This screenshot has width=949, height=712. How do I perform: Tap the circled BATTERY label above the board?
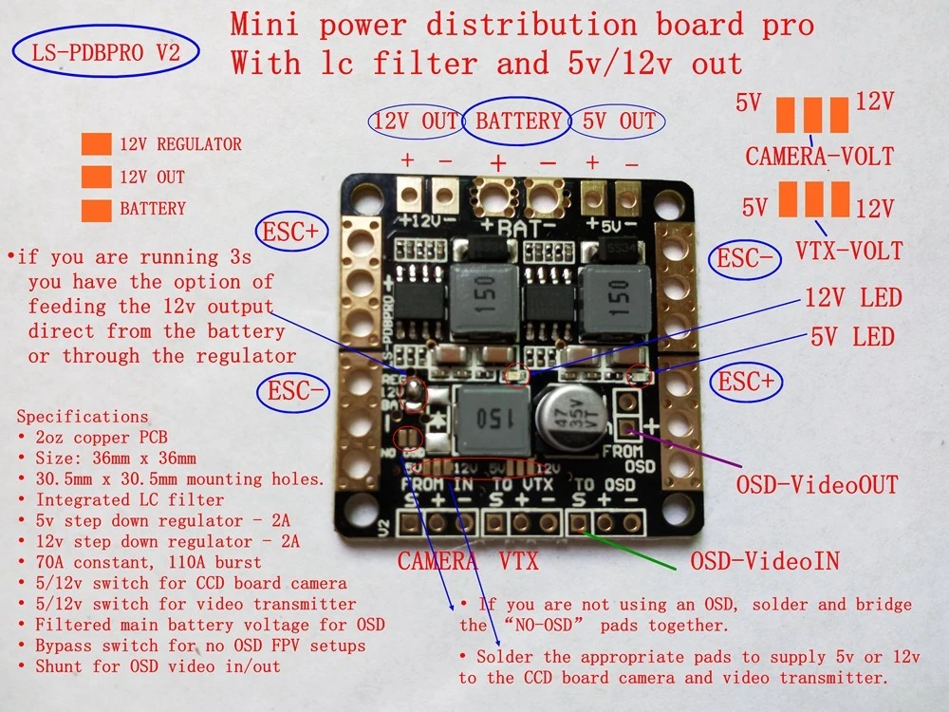(518, 121)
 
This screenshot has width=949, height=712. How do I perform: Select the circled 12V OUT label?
(415, 122)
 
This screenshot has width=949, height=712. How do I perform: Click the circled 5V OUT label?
(618, 122)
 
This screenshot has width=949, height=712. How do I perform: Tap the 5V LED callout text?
(851, 336)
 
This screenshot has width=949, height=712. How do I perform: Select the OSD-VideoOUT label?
(817, 485)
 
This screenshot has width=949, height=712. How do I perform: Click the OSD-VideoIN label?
(764, 561)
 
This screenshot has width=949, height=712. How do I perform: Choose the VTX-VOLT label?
(849, 252)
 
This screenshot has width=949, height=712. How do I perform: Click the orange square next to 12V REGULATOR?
(96, 144)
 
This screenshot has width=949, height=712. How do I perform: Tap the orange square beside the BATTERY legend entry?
(96, 208)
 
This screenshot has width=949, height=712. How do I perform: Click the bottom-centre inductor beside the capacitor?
(492, 419)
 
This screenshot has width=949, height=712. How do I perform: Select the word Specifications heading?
(83, 416)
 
